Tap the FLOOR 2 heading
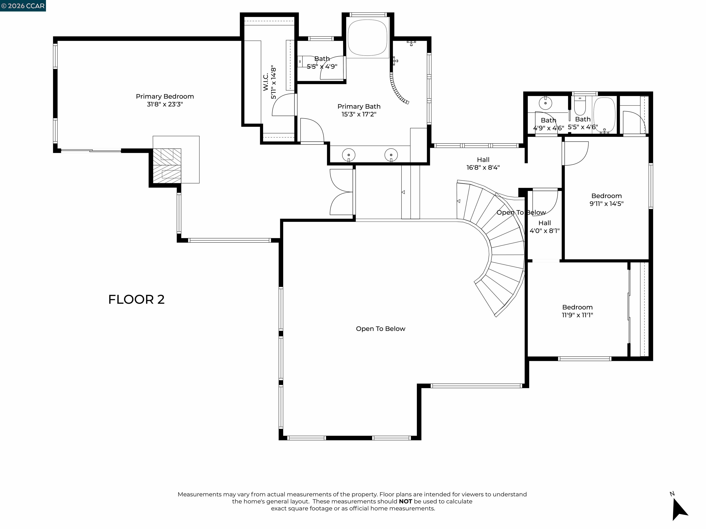click(136, 299)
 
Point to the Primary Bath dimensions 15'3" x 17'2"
click(359, 114)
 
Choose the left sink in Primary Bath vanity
click(349, 155)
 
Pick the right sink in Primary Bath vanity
click(391, 155)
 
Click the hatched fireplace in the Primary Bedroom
click(167, 166)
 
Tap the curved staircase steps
click(498, 242)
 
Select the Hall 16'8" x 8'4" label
click(483, 163)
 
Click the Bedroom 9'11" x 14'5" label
click(606, 200)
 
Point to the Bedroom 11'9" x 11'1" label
click(577, 311)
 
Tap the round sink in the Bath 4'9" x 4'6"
click(545, 103)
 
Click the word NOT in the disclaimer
click(405, 501)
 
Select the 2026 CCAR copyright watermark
click(23, 6)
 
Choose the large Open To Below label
click(380, 329)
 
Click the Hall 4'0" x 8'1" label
click(544, 227)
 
